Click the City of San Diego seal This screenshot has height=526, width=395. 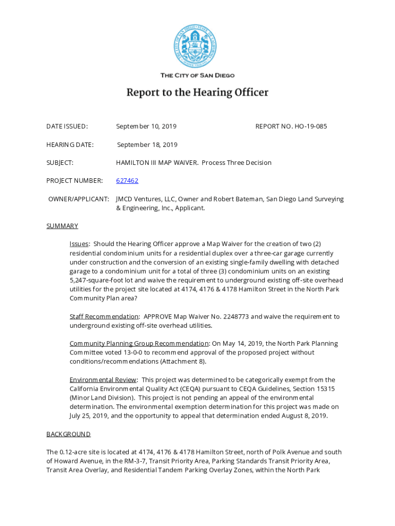pyautogui.click(x=195, y=47)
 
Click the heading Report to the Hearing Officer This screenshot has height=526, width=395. pyautogui.click(x=197, y=93)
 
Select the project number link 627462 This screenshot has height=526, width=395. pyautogui.click(x=127, y=181)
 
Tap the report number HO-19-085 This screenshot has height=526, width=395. pyautogui.click(x=310, y=126)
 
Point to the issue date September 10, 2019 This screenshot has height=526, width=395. pyautogui.click(x=146, y=126)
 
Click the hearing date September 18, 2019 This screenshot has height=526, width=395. pyautogui.click(x=147, y=145)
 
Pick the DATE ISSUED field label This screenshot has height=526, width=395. pyautogui.click(x=67, y=126)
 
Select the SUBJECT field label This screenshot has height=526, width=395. pyautogui.click(x=60, y=163)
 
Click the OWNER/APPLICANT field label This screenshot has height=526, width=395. pyautogui.click(x=78, y=199)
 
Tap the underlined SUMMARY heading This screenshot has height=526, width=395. pyautogui.click(x=62, y=226)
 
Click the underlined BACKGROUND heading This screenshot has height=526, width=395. pyautogui.click(x=68, y=434)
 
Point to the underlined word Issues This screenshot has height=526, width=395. pyautogui.click(x=79, y=244)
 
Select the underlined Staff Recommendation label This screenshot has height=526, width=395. pyautogui.click(x=104, y=316)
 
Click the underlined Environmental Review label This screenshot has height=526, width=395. pyautogui.click(x=103, y=380)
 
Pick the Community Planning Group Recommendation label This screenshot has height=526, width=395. pyautogui.click(x=139, y=344)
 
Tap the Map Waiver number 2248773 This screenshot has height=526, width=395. pyautogui.click(x=233, y=316)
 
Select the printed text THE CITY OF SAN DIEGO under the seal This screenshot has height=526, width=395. pyautogui.click(x=197, y=76)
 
